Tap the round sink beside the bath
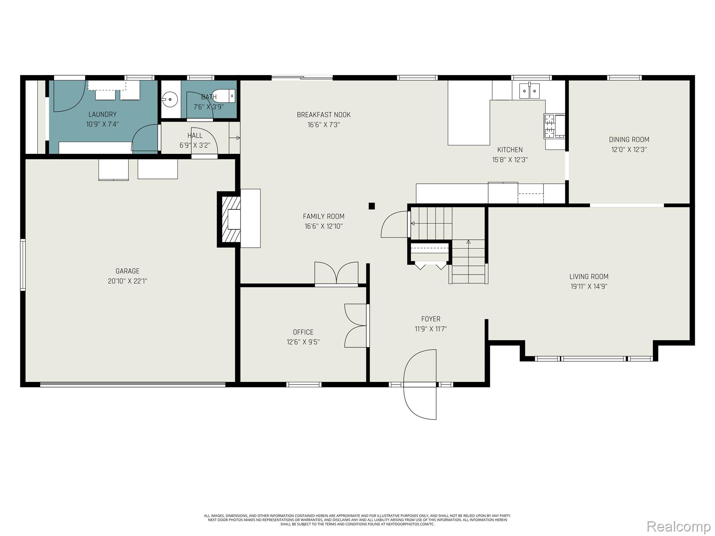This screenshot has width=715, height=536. (x=170, y=99)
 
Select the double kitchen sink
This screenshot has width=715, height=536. (x=529, y=91)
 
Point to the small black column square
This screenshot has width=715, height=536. (x=372, y=206)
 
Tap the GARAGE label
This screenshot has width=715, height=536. (x=127, y=271)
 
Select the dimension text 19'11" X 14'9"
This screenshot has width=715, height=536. (x=589, y=286)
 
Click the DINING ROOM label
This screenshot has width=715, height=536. (x=629, y=140)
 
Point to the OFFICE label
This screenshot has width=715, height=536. (x=303, y=332)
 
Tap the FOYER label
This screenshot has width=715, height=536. (x=431, y=319)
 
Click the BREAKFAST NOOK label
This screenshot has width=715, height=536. (x=324, y=115)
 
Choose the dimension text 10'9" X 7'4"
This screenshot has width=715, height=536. (x=103, y=124)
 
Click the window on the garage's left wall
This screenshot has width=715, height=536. (x=23, y=265)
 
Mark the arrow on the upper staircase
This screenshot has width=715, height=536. (x=413, y=223)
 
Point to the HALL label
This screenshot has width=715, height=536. (x=195, y=135)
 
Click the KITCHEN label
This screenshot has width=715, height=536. (x=510, y=150)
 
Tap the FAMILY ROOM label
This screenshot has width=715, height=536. (x=324, y=216)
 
